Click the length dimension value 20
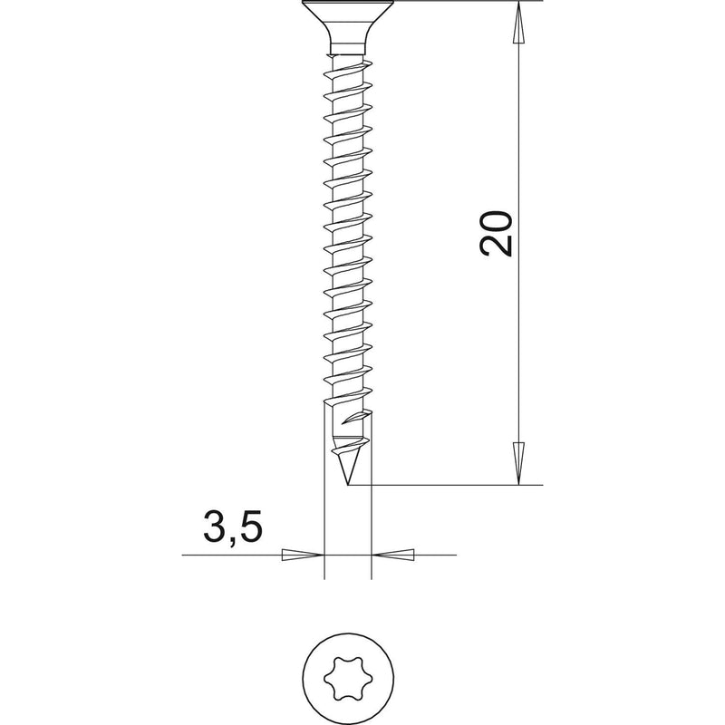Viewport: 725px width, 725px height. pyautogui.click(x=497, y=234)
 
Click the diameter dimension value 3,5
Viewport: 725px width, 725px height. pyautogui.click(x=233, y=527)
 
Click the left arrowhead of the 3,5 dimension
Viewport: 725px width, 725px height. pyautogui.click(x=303, y=555)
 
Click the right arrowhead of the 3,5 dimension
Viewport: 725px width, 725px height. pyautogui.click(x=393, y=555)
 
